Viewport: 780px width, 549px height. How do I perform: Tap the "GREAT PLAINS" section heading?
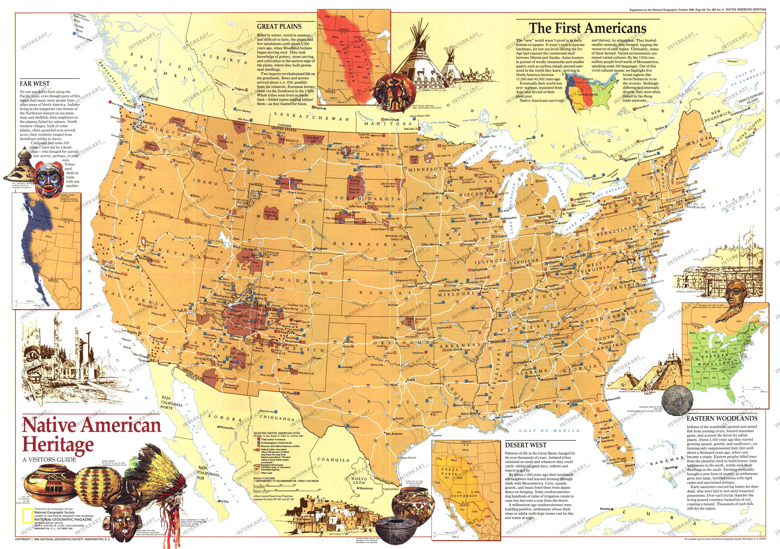pos(279,27)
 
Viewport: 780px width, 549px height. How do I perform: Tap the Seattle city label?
pos(147,123)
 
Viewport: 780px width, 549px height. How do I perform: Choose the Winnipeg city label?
pos(390,120)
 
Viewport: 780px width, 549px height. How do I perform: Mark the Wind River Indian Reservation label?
pos(271,213)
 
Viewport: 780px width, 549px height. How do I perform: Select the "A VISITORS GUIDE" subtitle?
pos(50,460)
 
